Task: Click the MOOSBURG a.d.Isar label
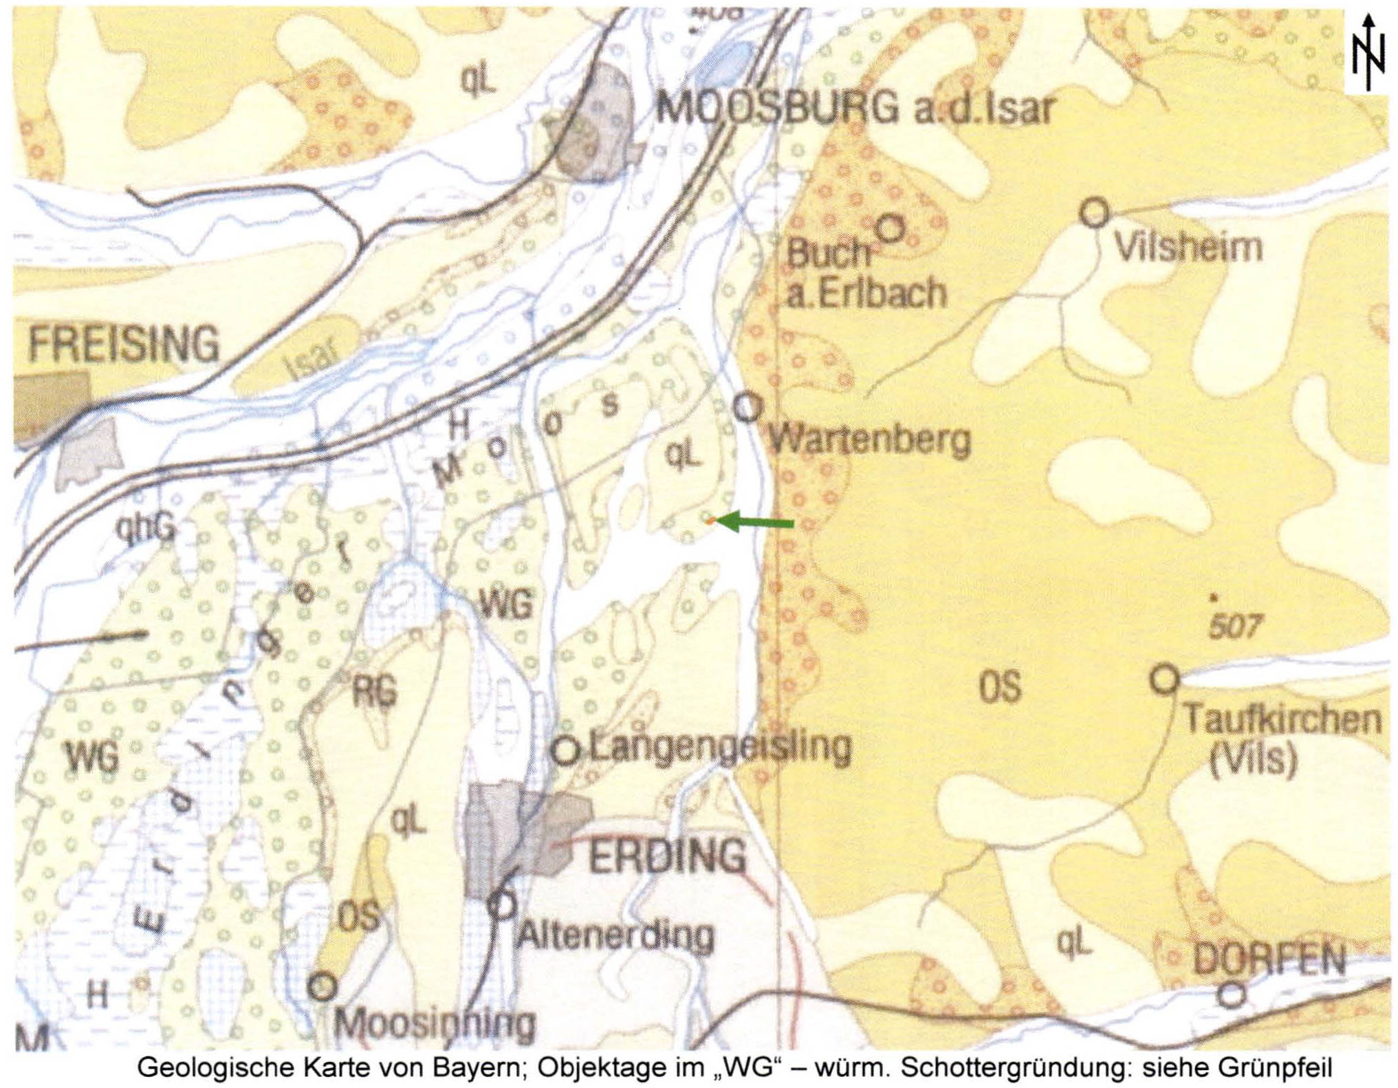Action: [x=855, y=108]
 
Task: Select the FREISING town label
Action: [x=124, y=345]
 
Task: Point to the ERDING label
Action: [x=667, y=856]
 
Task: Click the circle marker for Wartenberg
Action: [x=747, y=408]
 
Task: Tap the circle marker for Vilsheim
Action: [x=1094, y=213]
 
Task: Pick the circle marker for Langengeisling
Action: [x=567, y=750]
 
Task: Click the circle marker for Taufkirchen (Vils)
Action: [x=1164, y=679]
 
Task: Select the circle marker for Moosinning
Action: [x=322, y=987]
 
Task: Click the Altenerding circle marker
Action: [x=503, y=905]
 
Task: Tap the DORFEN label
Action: [x=1269, y=959]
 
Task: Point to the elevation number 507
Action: [x=1235, y=627]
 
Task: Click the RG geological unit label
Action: [x=375, y=691]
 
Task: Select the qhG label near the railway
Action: [x=146, y=528]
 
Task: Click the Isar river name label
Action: [x=314, y=357]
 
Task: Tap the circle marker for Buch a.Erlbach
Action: [x=891, y=228]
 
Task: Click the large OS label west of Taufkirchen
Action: [x=1000, y=686]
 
